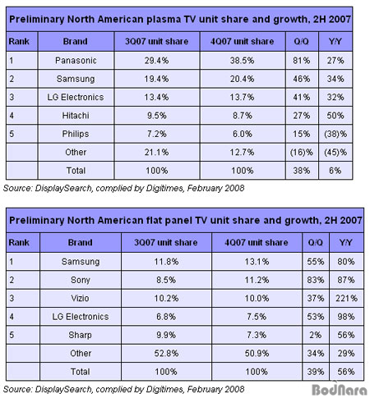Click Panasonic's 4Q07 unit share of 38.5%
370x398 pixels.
242,61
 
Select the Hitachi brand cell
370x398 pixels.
76,116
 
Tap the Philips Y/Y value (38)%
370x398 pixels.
335,134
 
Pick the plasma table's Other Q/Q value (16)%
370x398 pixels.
302,153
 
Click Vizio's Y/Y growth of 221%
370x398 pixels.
346,298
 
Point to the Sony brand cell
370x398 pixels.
81,280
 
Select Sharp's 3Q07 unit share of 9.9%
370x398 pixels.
166,335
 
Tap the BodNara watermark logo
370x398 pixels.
340,389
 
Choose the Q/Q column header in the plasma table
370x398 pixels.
301,41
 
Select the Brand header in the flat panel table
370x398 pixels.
80,243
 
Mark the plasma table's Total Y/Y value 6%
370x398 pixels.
335,171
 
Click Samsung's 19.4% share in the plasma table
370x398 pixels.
156,79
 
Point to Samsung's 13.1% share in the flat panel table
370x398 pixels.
257,262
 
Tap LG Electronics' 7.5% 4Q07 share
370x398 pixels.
257,317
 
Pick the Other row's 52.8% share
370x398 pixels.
166,354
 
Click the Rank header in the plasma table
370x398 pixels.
19,41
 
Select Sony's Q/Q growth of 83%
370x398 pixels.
316,280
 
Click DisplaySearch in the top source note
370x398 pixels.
63,188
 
